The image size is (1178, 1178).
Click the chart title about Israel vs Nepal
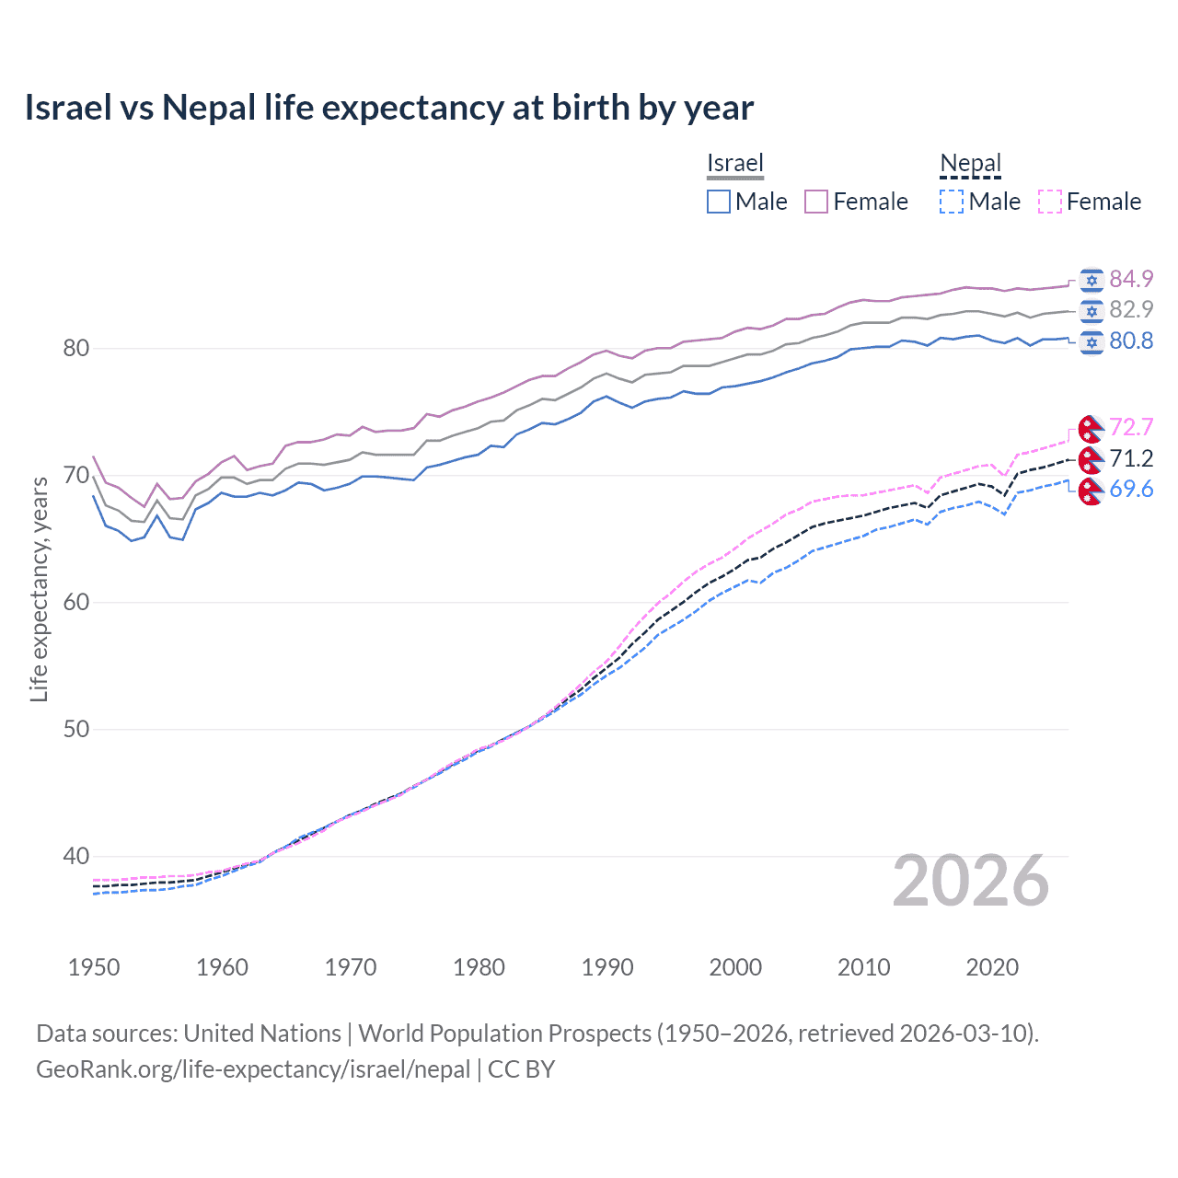[388, 108]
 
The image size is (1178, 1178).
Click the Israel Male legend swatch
[719, 202]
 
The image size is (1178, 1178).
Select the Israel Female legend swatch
[816, 202]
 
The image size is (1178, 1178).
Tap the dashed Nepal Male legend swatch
[952, 202]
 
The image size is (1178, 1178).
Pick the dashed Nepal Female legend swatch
[1050, 202]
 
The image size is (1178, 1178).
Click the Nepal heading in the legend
[970, 164]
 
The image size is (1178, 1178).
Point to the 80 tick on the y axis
[76, 348]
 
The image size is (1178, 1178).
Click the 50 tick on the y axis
[76, 729]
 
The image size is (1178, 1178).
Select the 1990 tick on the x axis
[607, 967]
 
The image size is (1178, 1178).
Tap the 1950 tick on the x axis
[94, 967]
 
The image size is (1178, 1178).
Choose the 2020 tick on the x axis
[992, 967]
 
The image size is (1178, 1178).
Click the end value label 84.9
[1131, 279]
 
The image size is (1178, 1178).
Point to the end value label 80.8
[1131, 341]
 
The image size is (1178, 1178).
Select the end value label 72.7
[1131, 427]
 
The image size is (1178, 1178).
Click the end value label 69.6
[1131, 490]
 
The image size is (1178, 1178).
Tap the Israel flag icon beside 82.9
[1091, 310]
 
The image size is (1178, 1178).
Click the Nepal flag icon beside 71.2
[1091, 458]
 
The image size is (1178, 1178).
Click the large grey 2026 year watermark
[971, 881]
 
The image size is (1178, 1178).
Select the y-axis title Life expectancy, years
[40, 589]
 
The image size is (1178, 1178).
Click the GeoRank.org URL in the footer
[253, 1069]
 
